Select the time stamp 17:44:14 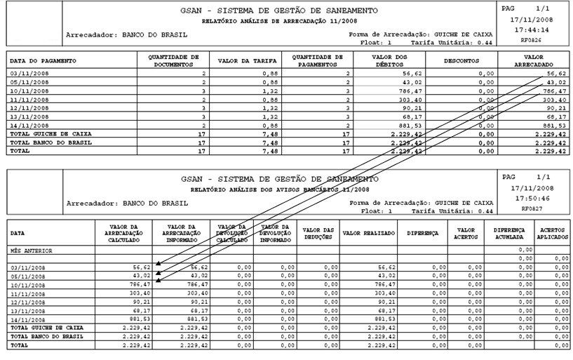click(531, 30)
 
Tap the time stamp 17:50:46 click(531, 199)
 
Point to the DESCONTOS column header click(462, 60)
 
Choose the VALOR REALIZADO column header click(368, 232)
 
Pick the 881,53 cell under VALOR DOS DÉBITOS click(407, 125)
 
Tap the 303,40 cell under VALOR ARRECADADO click(553, 99)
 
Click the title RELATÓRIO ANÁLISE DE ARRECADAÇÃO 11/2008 click(279, 22)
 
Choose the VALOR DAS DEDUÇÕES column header click(318, 232)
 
